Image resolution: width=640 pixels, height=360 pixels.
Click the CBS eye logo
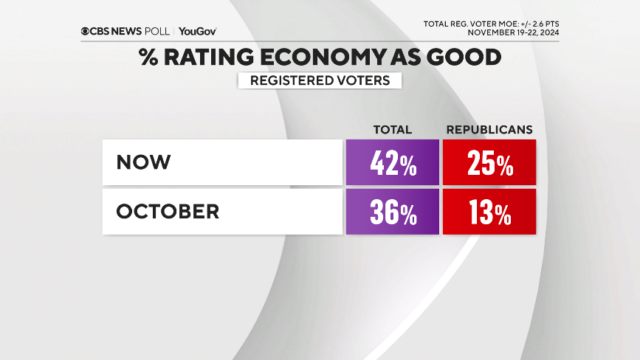(86, 32)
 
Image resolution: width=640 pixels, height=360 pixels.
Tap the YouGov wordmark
(197, 32)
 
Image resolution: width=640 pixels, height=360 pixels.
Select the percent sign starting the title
(148, 57)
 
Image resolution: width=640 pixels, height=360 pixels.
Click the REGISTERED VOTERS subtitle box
(320, 80)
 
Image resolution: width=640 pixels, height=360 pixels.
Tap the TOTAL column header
(392, 129)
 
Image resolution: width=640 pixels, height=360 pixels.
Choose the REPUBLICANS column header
(489, 129)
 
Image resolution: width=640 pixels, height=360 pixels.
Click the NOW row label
(143, 162)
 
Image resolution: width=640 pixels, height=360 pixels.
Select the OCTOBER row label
(168, 212)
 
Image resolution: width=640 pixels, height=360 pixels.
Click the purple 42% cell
(392, 162)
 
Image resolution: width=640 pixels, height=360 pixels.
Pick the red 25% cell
(489, 162)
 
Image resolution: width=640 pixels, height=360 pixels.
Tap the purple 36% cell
(392, 212)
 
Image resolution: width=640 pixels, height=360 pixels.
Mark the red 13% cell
(489, 212)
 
